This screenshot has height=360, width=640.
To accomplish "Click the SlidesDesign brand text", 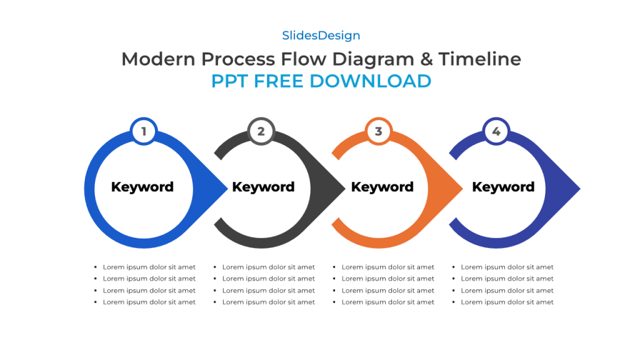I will (321, 36).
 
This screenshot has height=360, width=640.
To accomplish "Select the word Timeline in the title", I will (479, 59).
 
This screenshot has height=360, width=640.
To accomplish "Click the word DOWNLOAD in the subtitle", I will (371, 81).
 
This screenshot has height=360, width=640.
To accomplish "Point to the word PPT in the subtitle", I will (229, 81).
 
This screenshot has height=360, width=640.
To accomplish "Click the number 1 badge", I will (144, 131).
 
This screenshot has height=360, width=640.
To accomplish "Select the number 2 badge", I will (261, 131).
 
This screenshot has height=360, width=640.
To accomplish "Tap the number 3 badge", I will (378, 131).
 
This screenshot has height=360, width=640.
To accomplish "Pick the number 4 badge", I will (496, 131).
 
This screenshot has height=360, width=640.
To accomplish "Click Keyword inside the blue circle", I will (142, 187).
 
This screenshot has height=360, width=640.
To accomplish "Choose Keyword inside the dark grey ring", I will (263, 187).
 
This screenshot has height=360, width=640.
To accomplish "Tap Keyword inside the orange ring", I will (382, 187).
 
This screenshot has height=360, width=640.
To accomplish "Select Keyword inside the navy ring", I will (503, 187).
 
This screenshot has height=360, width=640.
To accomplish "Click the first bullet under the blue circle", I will (149, 267).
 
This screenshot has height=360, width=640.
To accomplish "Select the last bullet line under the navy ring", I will (507, 302).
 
